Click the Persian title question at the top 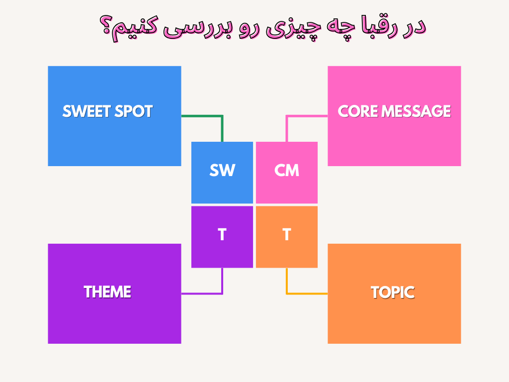(x=262, y=27)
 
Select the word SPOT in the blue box (x=133, y=111)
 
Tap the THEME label (x=107, y=291)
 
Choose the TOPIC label (x=393, y=292)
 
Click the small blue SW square (x=222, y=173)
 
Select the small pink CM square (x=287, y=173)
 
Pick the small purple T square (x=222, y=237)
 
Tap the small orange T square (x=287, y=237)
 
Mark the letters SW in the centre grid (x=222, y=170)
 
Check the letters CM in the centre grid (x=287, y=170)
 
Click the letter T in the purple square (x=222, y=234)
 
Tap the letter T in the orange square (x=287, y=234)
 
